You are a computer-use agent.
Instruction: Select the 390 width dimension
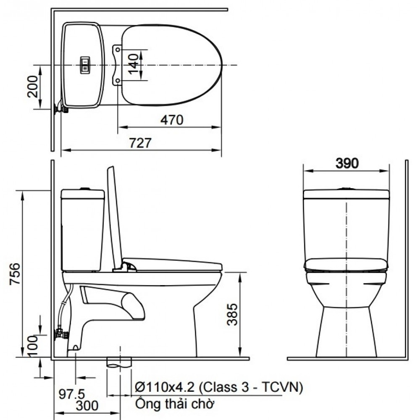347,163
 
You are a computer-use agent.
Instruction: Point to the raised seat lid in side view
114,214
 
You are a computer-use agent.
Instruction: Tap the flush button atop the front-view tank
346,189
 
